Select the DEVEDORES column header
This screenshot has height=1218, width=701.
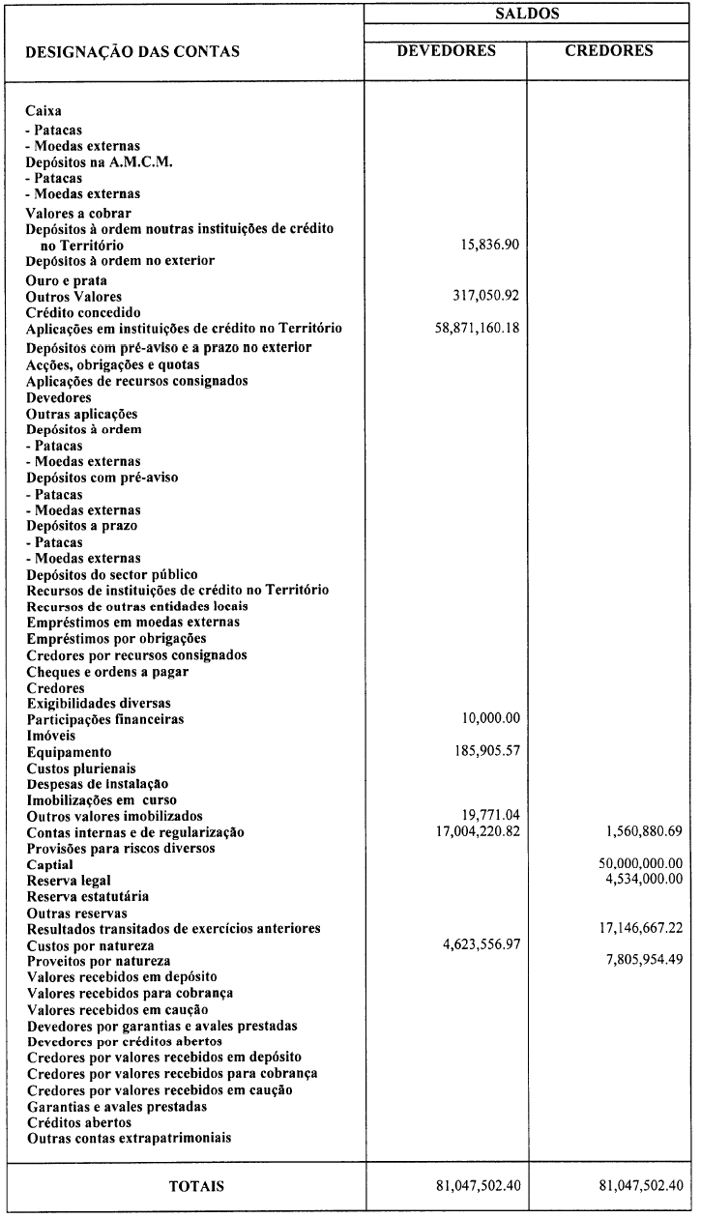pos(446,50)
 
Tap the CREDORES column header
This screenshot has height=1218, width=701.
pos(609,50)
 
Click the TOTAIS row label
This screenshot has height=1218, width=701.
pos(183,1186)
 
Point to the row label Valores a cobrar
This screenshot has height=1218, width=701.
pos(78,213)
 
